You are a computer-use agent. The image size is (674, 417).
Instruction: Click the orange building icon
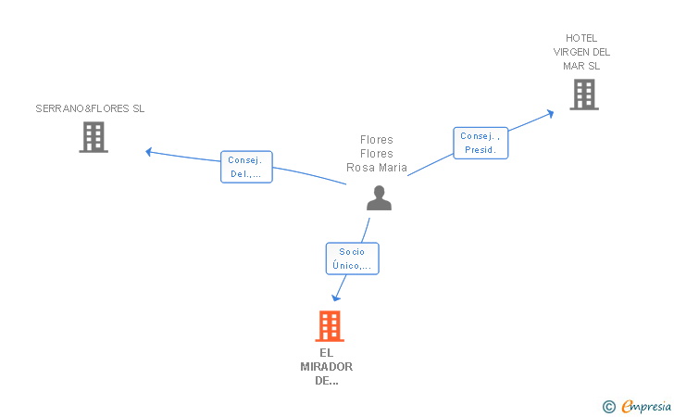pos(330,326)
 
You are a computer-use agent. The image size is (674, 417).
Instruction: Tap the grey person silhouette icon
pos(379,198)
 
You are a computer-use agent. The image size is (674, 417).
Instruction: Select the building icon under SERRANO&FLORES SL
pos(94,137)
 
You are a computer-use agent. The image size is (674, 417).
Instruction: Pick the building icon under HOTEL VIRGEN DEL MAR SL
pos(584,95)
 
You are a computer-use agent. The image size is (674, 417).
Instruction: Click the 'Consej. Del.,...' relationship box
pos(246,167)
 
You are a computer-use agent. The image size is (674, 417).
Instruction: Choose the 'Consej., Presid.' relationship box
pos(481,143)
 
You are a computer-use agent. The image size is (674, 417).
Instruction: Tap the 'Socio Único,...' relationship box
pos(352,259)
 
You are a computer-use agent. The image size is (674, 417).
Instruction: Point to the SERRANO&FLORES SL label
pos(90,108)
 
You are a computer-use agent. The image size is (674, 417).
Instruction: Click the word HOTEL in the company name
pos(581,38)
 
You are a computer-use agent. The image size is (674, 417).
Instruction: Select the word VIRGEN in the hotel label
pos(569,52)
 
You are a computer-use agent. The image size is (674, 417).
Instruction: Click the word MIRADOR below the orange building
pos(326,367)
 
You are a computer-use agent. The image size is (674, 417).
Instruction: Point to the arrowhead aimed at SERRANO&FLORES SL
pos(149,152)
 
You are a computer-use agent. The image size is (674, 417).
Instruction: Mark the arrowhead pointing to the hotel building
pos(550,114)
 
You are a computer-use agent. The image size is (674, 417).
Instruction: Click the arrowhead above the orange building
pos(336,297)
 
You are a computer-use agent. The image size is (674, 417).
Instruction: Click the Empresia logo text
pos(646,407)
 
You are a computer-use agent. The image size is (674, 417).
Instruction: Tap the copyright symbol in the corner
pos(609,407)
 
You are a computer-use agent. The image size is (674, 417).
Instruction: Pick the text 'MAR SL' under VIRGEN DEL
pos(581,66)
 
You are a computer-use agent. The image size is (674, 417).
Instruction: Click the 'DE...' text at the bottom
pos(326,381)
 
